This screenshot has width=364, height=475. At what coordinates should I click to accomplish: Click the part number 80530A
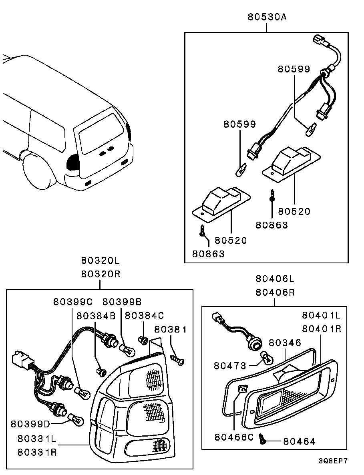(267, 17)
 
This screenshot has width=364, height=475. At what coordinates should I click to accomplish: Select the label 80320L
(101, 260)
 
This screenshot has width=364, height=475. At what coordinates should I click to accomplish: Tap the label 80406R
(275, 293)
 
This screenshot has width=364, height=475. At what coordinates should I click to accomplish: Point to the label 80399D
(30, 424)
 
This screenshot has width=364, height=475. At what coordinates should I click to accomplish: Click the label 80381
(171, 329)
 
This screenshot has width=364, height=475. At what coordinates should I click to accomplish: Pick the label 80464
(299, 442)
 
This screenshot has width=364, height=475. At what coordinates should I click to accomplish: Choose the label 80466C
(234, 437)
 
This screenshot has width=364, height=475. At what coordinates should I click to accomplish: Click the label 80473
(230, 366)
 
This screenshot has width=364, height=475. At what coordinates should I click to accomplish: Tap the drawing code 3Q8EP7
(333, 461)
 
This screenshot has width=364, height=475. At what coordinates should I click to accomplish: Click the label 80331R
(37, 452)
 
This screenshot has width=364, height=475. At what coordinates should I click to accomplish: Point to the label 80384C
(144, 316)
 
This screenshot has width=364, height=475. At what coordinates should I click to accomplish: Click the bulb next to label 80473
(267, 358)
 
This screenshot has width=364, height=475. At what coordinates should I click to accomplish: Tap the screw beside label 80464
(262, 439)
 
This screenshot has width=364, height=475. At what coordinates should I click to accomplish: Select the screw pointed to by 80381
(178, 360)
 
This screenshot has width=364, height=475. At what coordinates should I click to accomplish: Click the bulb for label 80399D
(75, 419)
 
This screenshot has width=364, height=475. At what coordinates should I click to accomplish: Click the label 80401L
(321, 315)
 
